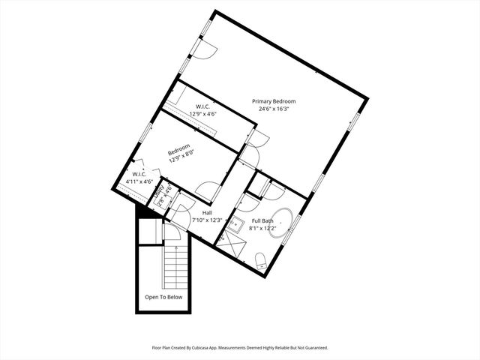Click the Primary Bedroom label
tap(273, 101)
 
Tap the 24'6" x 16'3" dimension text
tap(273, 109)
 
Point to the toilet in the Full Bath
tap(261, 261)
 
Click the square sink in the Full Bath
tap(235, 223)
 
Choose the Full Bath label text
tap(262, 220)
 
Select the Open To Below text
tap(163, 297)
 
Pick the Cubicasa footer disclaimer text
tap(239, 348)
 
